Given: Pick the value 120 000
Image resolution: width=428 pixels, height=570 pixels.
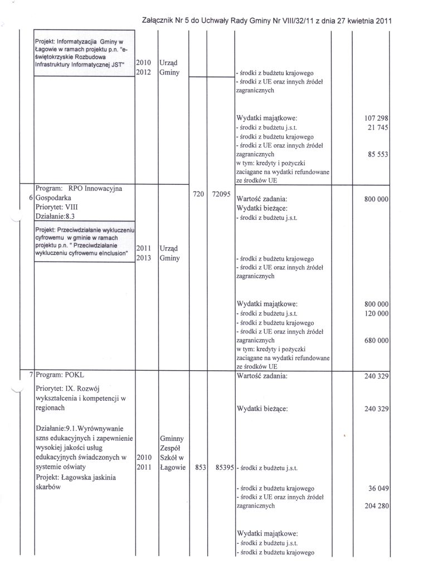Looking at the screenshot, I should (375, 314).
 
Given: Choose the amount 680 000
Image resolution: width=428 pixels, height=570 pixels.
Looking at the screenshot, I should (375, 341).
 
